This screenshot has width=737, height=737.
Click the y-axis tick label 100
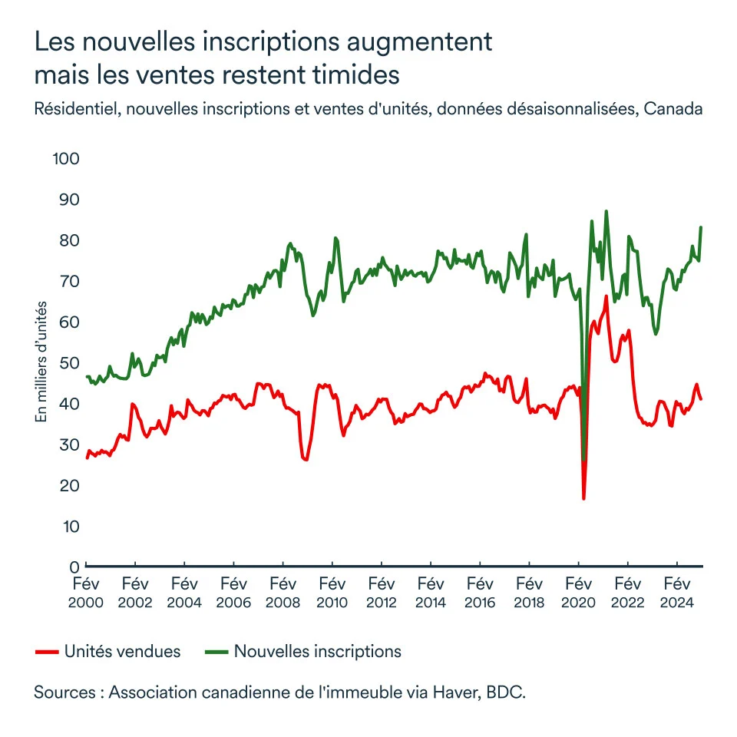pos(66,159)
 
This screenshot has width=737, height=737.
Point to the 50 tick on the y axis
pos(70,362)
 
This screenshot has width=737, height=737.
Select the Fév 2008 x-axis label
pos(283,592)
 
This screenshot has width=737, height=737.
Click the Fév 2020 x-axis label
pos(578,592)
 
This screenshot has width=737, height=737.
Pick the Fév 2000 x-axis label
pos(85,592)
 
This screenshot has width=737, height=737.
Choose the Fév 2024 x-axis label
pos(676,592)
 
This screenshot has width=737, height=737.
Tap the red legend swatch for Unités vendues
pos(47,652)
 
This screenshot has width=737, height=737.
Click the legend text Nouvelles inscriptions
pos(317,652)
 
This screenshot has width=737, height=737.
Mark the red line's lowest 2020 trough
pos(583,499)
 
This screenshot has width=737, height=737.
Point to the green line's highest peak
pos(606,211)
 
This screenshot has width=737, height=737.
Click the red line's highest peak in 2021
pos(606,296)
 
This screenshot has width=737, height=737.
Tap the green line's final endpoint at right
pos(701,227)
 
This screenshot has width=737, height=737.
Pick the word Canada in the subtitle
pos(673,109)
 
